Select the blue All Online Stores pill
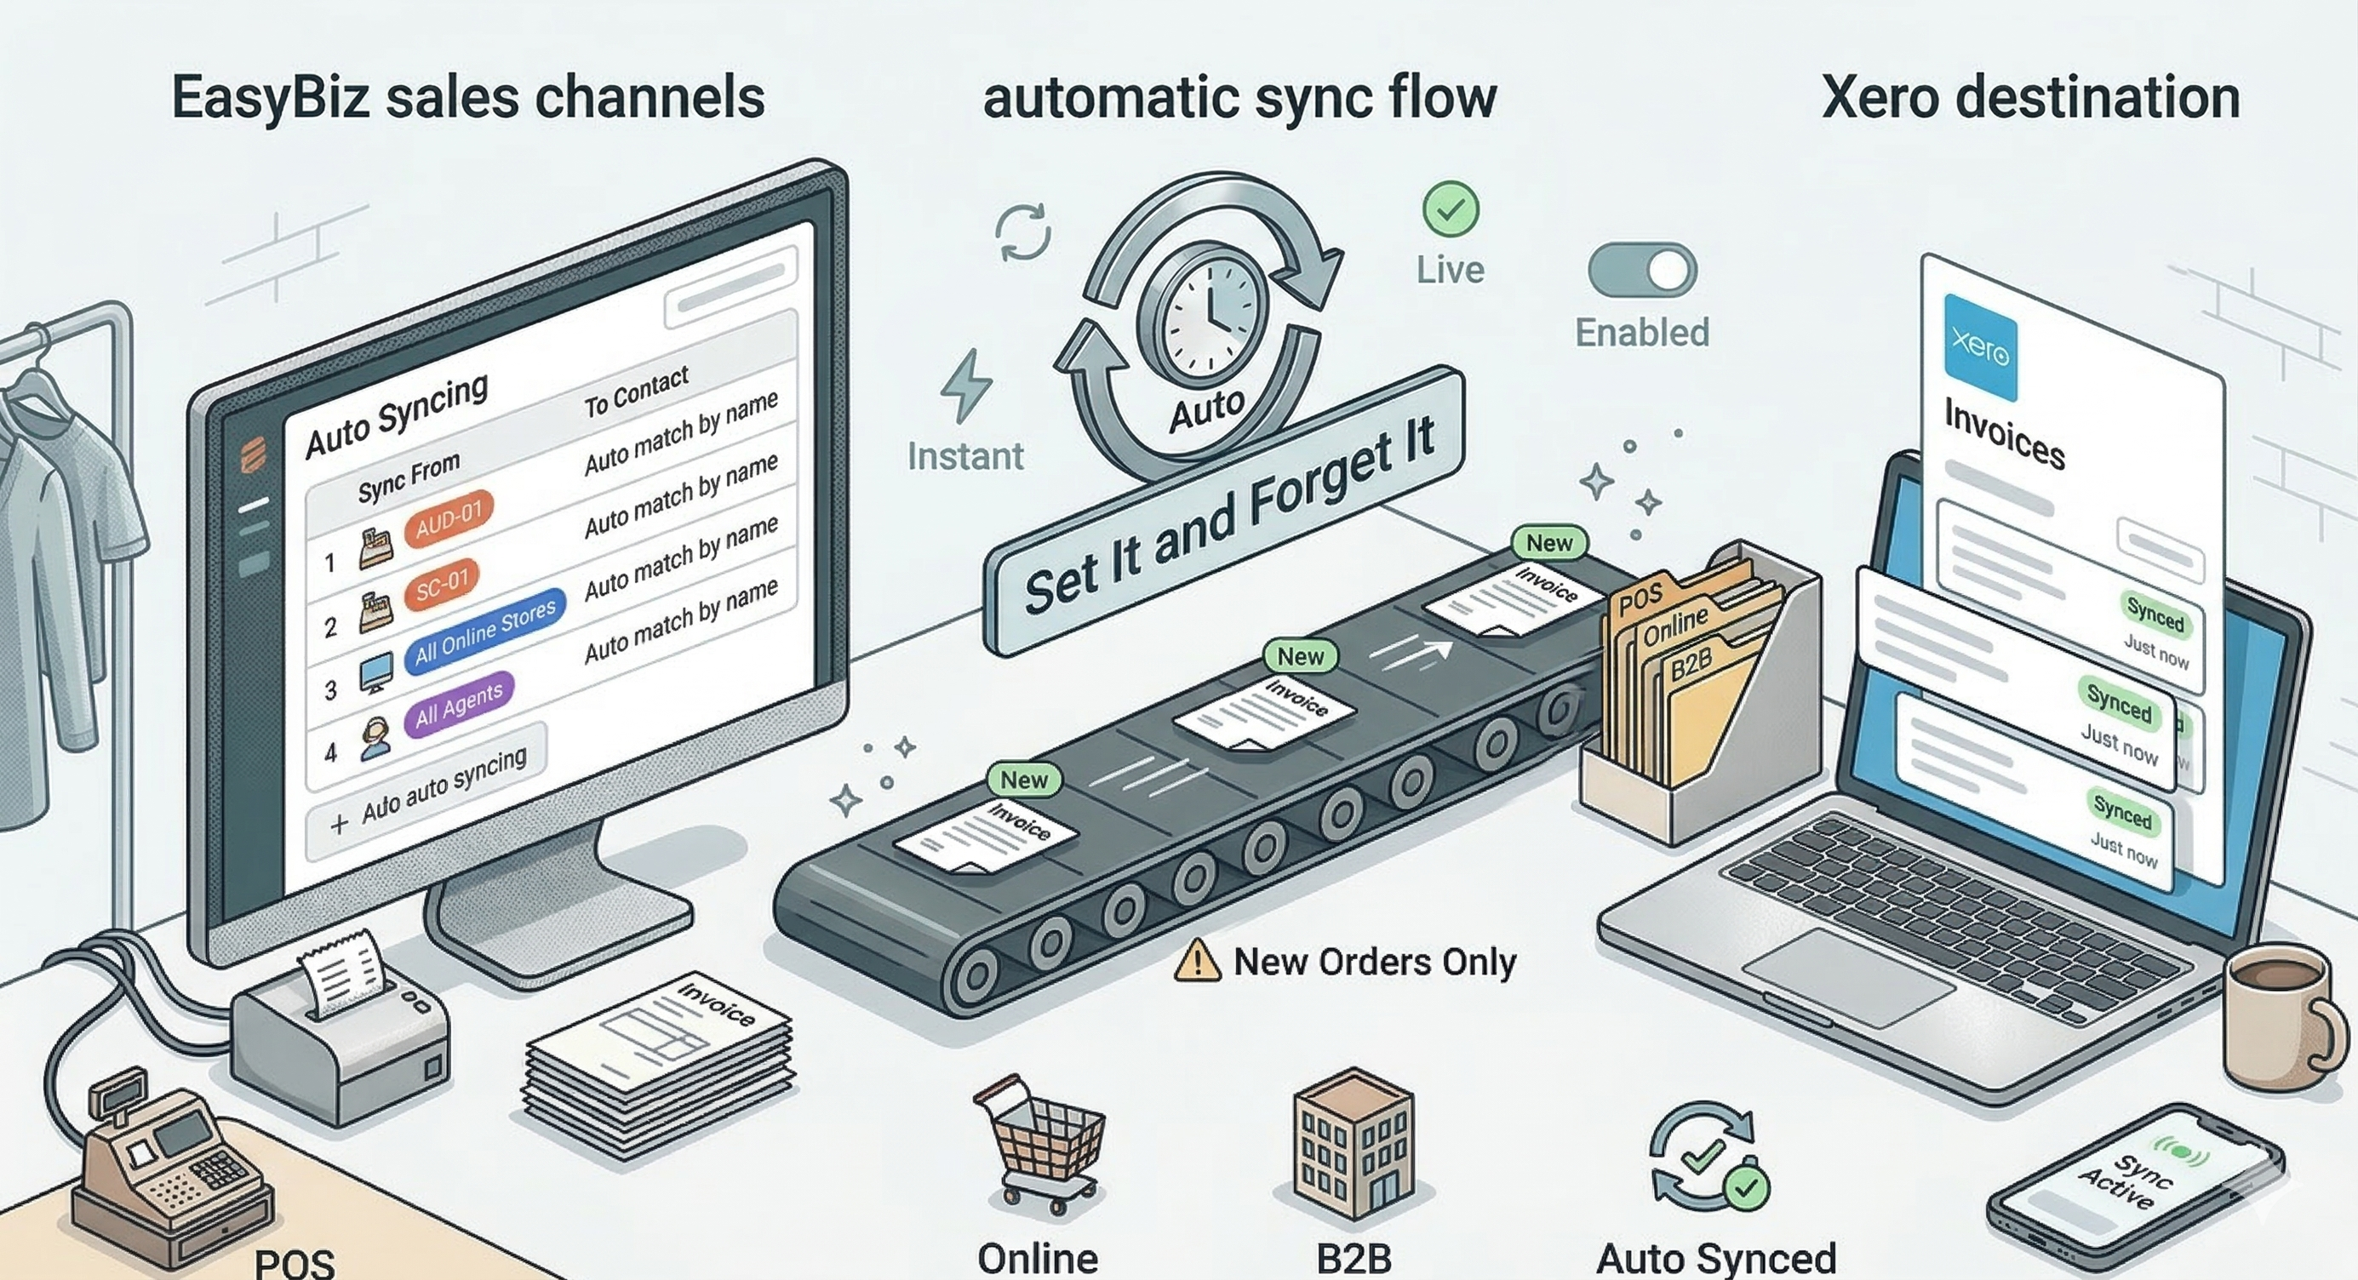(484, 631)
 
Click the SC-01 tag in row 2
(442, 583)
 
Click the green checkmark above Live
(1451, 209)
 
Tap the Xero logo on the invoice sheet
(1980, 348)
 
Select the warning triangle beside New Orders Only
(1196, 963)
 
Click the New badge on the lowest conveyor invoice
(1023, 780)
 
